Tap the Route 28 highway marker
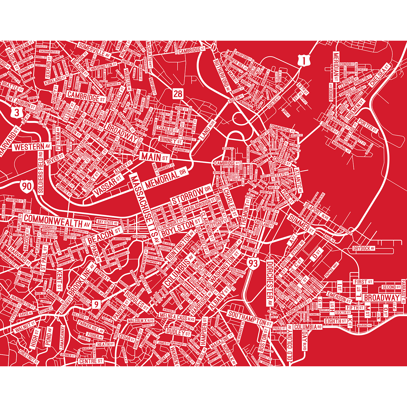coord(178,93)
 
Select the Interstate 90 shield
coord(27,186)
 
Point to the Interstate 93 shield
coord(253,263)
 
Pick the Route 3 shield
coord(17,112)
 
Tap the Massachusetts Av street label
coord(145,208)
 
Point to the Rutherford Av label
coord(222,74)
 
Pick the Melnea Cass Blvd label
coord(177,317)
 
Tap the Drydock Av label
coord(363,249)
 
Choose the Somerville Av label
coord(94,50)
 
